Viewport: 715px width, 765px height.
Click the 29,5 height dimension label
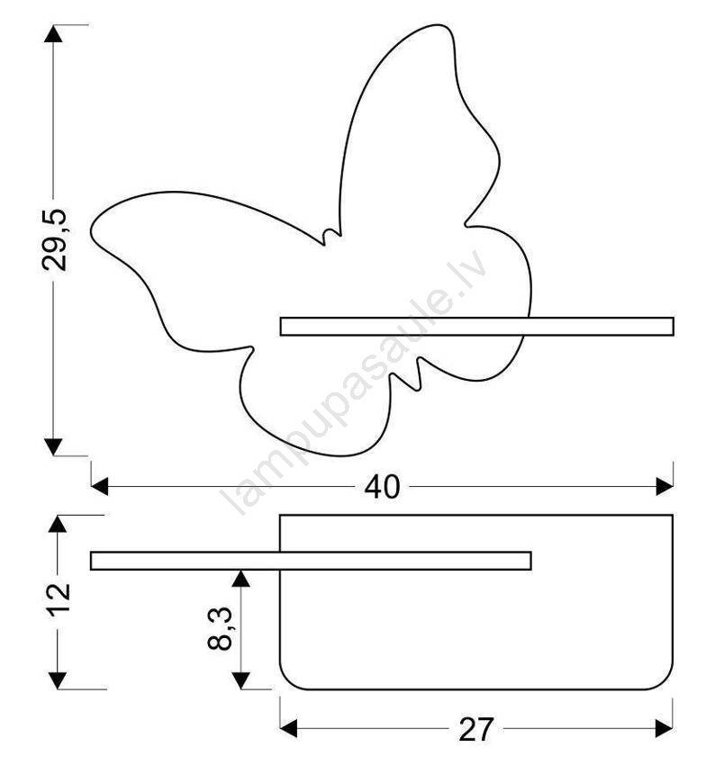coord(54,239)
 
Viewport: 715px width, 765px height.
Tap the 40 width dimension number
coord(382,486)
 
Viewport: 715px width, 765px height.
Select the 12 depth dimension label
coord(59,599)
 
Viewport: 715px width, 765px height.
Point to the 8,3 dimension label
coord(220,629)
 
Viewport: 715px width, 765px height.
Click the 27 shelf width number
coord(475,729)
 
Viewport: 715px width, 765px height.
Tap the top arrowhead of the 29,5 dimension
coord(53,32)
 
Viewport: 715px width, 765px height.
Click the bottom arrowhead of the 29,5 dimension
coord(53,447)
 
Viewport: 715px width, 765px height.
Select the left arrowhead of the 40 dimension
coord(100,486)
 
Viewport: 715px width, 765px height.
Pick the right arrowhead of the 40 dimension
coord(665,486)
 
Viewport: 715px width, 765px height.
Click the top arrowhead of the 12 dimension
coord(58,524)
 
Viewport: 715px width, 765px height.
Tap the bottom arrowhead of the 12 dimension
coord(58,680)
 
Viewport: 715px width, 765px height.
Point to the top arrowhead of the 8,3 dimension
coord(241,578)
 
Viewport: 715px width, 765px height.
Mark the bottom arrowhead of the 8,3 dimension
coord(241,680)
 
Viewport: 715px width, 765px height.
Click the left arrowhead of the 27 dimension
coord(288,728)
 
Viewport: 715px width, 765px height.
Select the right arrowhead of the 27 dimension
coord(665,728)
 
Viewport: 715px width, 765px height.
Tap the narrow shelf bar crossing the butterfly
coord(477,327)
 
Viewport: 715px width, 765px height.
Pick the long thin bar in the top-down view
coord(311,561)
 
